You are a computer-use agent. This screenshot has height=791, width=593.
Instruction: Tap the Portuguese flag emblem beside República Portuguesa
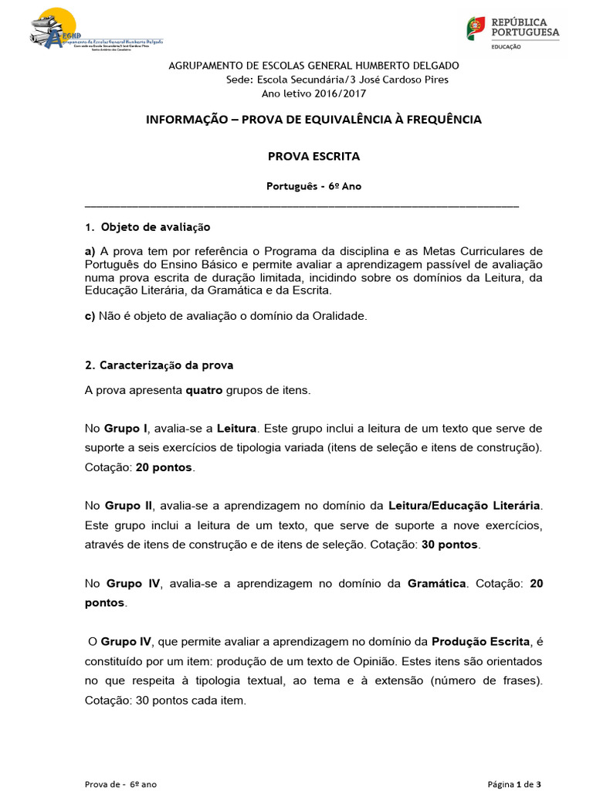point(476,29)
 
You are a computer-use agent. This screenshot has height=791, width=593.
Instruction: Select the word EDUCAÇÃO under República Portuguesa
point(506,47)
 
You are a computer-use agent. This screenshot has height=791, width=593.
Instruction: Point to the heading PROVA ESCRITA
point(313,157)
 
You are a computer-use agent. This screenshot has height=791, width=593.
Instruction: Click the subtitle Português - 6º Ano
point(313,186)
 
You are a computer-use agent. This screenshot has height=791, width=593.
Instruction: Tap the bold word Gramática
point(437,584)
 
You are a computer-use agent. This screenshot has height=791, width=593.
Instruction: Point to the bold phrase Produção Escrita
point(480,641)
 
